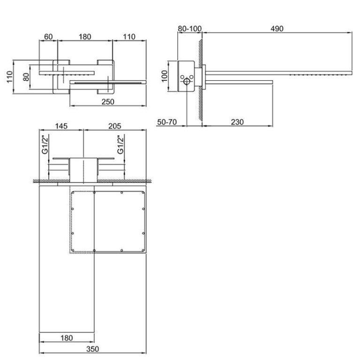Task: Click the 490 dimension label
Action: click(x=276, y=29)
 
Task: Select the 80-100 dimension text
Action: click(x=190, y=29)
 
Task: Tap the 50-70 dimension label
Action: click(x=167, y=122)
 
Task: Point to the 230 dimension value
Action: click(x=237, y=122)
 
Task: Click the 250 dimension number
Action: click(x=107, y=102)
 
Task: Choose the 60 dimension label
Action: click(x=48, y=37)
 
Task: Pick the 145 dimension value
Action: click(x=61, y=126)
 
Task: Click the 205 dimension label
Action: click(x=115, y=126)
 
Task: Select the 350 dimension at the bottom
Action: click(x=92, y=349)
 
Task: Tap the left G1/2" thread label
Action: click(x=45, y=145)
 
